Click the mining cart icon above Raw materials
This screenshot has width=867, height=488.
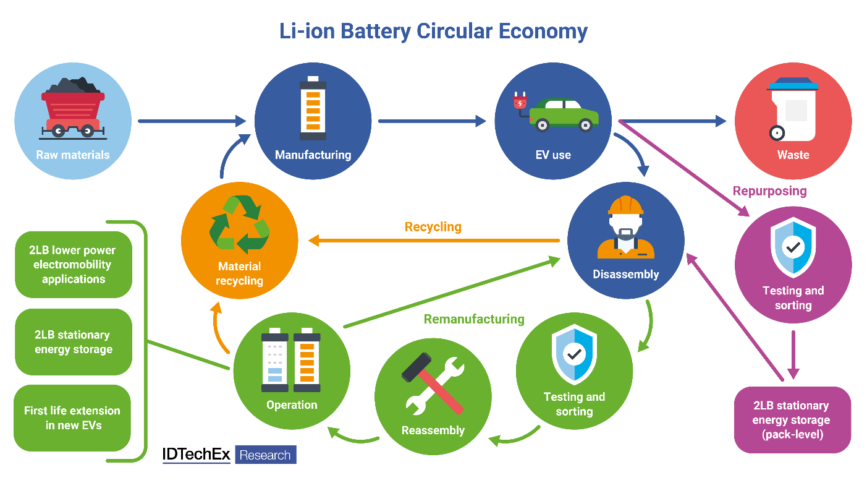[73, 109]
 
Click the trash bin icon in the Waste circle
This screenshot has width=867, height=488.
[793, 108]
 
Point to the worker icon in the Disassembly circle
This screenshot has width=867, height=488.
[625, 228]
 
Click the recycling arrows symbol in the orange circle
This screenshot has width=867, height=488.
[239, 225]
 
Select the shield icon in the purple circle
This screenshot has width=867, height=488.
[793, 247]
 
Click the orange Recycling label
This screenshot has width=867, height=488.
[433, 227]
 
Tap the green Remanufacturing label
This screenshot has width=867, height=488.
[474, 319]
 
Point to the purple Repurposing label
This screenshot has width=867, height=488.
[769, 190]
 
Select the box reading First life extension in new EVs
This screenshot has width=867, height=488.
[72, 418]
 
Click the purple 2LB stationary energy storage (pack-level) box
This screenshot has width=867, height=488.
[792, 420]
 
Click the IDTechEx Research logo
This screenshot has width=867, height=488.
[229, 455]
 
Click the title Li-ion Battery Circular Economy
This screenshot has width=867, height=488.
[433, 32]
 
